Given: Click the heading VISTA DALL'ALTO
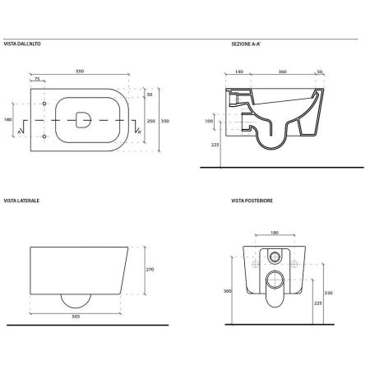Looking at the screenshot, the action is coord(22,44).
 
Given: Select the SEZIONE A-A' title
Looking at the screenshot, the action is coord(246,44).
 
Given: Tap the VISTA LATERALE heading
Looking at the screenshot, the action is coord(21,201).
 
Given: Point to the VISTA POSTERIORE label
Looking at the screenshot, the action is coord(252,201).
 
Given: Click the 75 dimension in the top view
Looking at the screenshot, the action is coord(37,79).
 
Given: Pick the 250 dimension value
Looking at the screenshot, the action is coord(151,121).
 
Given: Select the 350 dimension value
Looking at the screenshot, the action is coord(165,121).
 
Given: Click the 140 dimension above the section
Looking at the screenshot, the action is coord(239,72).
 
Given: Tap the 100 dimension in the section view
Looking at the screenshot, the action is coord(209,121).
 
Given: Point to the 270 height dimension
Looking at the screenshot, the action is coord(150,270).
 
